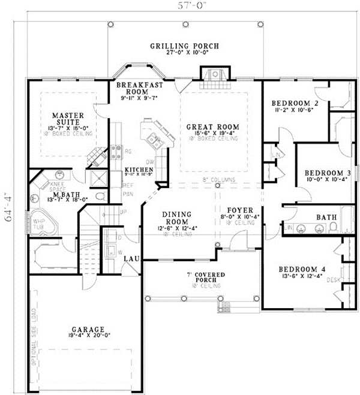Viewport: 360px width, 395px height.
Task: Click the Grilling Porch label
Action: click(x=184, y=46)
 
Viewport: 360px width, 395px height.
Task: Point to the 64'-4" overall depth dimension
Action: click(x=8, y=207)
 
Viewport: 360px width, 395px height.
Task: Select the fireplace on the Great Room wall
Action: click(x=214, y=75)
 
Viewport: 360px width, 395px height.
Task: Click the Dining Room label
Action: click(x=176, y=217)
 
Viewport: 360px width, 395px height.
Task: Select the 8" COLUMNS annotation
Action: click(x=217, y=180)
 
